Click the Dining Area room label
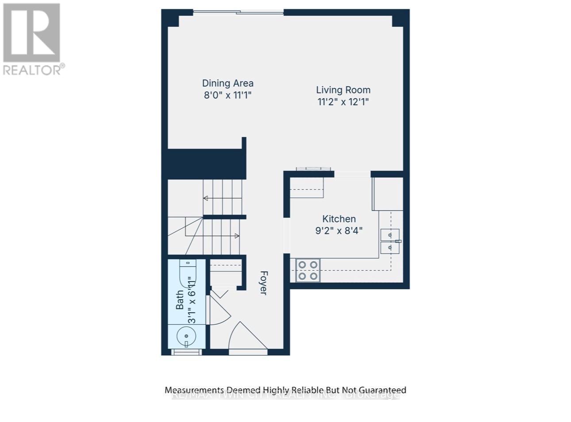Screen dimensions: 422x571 [x=228, y=83]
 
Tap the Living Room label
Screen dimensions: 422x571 [x=343, y=90]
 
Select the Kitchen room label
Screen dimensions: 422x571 [x=339, y=219]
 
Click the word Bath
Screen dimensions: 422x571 [x=180, y=300]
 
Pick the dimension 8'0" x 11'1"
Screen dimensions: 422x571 [x=228, y=95]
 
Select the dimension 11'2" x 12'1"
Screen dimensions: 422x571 [x=343, y=102]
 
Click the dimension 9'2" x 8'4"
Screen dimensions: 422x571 [x=339, y=230]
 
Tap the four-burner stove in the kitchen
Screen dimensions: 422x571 [x=308, y=270]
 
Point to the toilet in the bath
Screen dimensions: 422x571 [x=186, y=271]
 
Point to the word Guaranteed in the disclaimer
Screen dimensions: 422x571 [x=382, y=390]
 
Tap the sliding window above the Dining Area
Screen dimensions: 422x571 [x=238, y=13]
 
